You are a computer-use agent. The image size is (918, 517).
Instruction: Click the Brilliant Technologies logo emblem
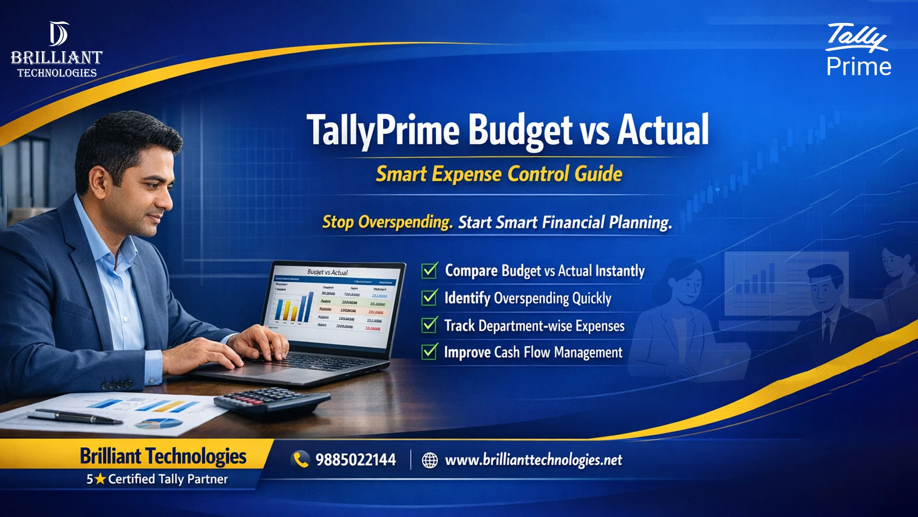[x=58, y=34]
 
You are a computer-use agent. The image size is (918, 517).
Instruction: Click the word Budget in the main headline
[x=520, y=131]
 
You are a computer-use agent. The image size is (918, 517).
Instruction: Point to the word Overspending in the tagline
[x=405, y=222]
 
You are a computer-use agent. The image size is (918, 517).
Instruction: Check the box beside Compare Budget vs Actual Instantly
[x=429, y=270]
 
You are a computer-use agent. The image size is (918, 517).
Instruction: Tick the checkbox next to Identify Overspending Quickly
[x=429, y=298]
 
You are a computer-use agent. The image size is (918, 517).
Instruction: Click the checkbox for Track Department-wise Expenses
[x=429, y=325]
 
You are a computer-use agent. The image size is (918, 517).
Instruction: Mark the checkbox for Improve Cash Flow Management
[x=429, y=352]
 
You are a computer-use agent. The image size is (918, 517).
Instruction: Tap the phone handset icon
[x=301, y=460]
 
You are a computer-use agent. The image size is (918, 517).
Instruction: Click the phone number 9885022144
[x=356, y=460]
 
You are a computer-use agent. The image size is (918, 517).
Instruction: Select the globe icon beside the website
[x=429, y=460]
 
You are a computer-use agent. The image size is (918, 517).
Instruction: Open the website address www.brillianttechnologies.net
[x=533, y=460]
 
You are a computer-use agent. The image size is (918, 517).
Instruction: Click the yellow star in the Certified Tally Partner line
[x=100, y=479]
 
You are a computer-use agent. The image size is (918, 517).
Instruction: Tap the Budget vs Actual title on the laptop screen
[x=328, y=272]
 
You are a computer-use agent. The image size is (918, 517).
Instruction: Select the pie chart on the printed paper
[x=159, y=423]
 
